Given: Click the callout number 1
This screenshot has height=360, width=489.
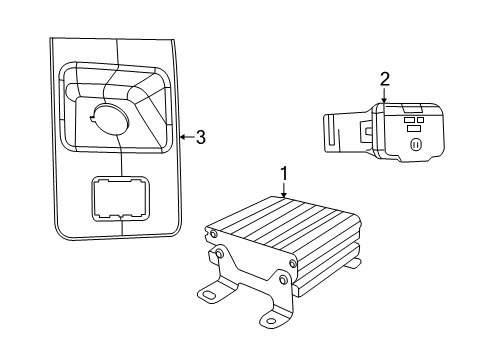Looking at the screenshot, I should point(284,174).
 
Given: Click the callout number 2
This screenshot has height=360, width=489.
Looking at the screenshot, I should point(383,79).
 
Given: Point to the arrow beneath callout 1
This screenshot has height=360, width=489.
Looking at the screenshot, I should point(284,190).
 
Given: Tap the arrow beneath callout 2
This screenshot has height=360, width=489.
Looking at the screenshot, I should point(383,97).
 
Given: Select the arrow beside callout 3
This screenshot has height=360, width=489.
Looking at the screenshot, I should point(182,137).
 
